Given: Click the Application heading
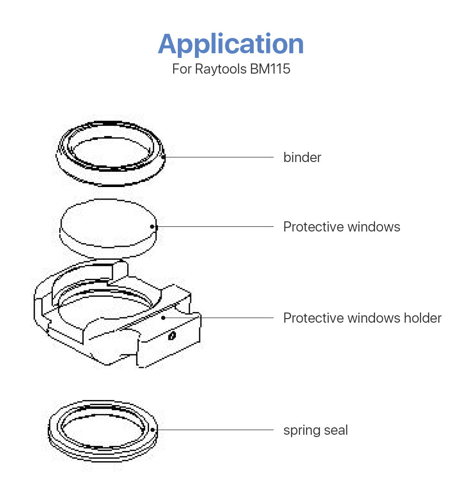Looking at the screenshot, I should (x=231, y=44).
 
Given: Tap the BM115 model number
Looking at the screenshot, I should (x=270, y=69).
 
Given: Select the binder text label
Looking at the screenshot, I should (x=302, y=157).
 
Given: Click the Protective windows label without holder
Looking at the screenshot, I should (x=342, y=227).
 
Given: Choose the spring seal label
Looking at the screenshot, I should (x=315, y=430).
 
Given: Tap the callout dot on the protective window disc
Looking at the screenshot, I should (x=152, y=226).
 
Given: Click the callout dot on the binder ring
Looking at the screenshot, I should (x=164, y=156).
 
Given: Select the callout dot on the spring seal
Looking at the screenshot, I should (x=153, y=430).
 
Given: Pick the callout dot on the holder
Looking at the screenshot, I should (x=163, y=318).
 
